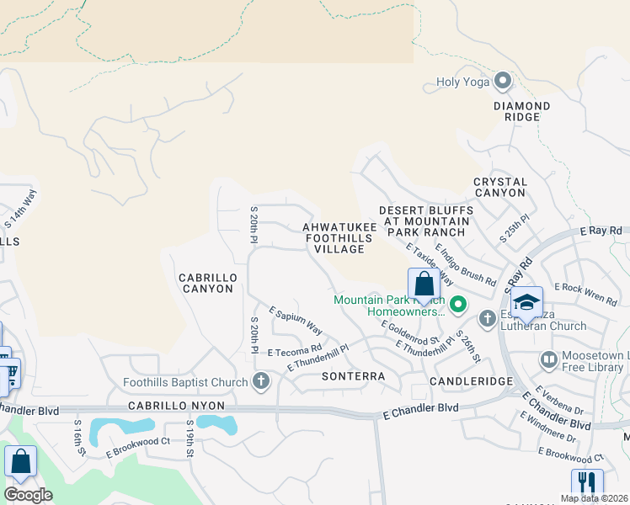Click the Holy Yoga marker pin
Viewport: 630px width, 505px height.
tap(504, 82)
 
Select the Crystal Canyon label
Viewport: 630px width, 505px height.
tap(500, 187)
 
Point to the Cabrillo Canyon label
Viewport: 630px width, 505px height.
tap(206, 283)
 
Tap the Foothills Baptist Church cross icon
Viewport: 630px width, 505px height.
tap(261, 381)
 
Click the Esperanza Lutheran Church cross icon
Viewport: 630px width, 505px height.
tap(487, 318)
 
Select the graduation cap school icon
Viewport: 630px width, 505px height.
tap(526, 301)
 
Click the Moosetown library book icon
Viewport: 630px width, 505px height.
tap(548, 360)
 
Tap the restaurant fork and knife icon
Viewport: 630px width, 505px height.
tap(587, 483)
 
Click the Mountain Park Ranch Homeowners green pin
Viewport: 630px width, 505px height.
tap(457, 305)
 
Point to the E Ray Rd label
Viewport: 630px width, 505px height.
tap(600, 230)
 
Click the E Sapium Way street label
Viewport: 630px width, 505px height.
tap(296, 321)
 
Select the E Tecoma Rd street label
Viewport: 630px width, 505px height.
tap(295, 349)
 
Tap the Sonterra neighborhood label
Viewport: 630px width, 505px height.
tap(353, 376)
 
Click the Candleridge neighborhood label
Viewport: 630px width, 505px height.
tap(472, 381)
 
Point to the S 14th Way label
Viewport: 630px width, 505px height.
tap(22, 210)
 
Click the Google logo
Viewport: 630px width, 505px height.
tap(28, 494)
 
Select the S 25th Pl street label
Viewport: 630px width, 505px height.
tap(515, 227)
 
